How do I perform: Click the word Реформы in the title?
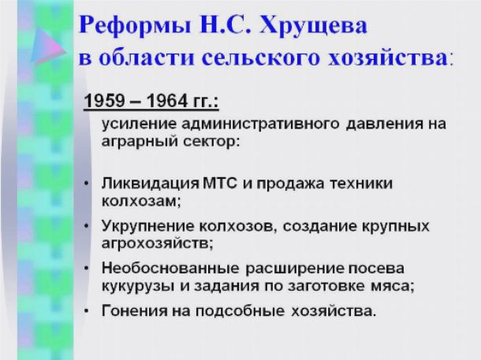[135, 26]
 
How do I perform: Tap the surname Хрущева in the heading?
[313, 26]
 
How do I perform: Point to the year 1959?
[104, 101]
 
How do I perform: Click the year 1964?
[167, 101]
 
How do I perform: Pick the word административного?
[260, 124]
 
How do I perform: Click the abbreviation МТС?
[220, 184]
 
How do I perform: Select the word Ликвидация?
[151, 184]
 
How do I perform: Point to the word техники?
[361, 184]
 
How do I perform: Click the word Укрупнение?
[148, 226]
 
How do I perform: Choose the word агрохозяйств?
[157, 243]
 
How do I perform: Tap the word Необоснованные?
[170, 269]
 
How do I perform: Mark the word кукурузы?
[138, 287]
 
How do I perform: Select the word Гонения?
[134, 311]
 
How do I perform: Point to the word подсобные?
[240, 311]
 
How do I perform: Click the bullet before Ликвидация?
[87, 184]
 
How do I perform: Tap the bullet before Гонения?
[87, 311]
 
